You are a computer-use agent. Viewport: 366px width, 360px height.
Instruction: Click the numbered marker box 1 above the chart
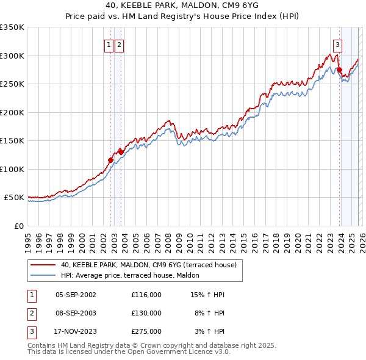[109, 44]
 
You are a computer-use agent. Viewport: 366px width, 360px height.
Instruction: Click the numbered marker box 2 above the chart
[119, 44]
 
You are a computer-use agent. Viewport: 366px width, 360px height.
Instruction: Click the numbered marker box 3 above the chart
[337, 44]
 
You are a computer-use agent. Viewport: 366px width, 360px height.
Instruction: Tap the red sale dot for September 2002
[111, 160]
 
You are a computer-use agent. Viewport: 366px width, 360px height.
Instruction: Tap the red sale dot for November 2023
[340, 70]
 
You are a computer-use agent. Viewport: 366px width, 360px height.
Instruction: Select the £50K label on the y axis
[14, 198]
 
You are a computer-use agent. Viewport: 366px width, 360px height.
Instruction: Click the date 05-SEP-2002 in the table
[76, 295]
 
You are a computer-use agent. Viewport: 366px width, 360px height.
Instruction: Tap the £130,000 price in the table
[146, 313]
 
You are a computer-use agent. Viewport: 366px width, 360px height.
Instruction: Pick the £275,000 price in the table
[146, 331]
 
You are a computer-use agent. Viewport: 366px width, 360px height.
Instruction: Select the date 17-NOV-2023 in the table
[76, 331]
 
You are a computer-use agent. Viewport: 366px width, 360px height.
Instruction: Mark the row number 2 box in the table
[30, 313]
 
